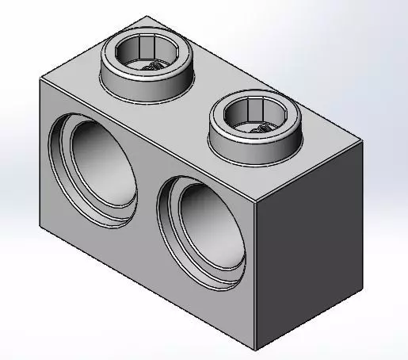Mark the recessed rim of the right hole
click(166, 226)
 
